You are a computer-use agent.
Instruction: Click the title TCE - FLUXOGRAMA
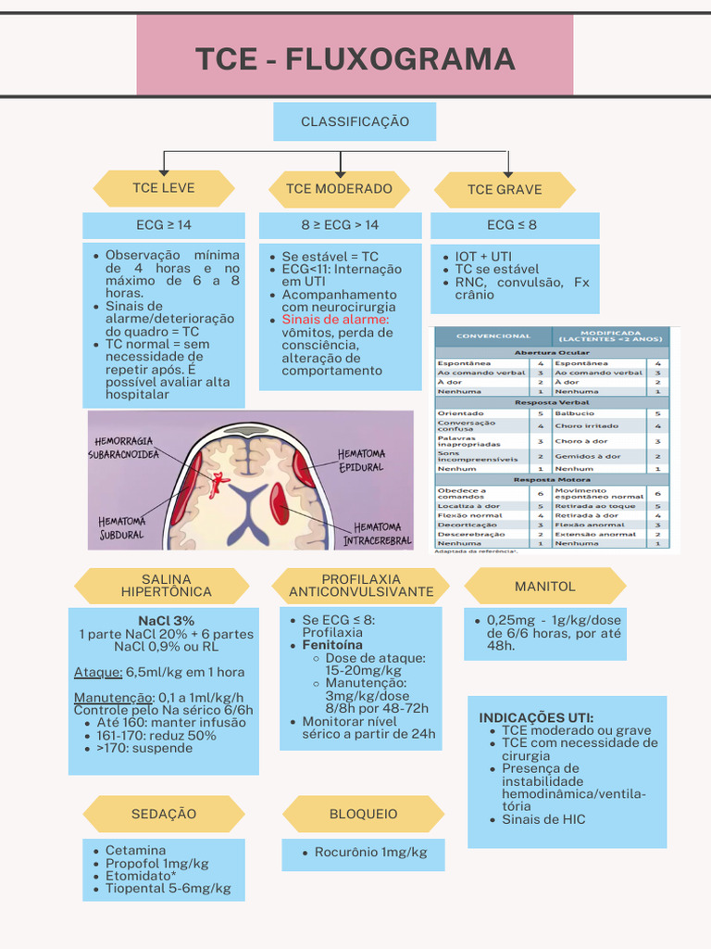coord(355,58)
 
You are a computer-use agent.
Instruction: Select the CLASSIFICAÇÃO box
coord(355,122)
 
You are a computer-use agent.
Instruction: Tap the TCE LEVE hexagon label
coord(164,188)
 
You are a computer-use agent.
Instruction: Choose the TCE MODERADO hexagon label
coord(339,189)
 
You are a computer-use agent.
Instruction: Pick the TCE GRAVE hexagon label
coord(505,190)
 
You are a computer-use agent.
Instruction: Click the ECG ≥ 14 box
coord(164,225)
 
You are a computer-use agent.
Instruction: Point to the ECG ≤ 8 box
coord(512,225)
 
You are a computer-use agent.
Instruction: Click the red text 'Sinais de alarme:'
coord(335,320)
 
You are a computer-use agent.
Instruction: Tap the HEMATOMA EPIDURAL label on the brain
coord(361,461)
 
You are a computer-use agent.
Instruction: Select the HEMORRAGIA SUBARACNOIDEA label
coord(124,448)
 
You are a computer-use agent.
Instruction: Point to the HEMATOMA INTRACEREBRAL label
coord(377,534)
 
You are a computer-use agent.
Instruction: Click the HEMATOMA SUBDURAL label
coord(122,528)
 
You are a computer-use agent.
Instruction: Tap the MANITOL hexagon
coord(544,587)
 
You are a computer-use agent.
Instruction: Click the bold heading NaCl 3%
coord(166,621)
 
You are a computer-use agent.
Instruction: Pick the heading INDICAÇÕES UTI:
coord(536,718)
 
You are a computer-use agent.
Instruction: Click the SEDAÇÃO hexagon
coord(164,815)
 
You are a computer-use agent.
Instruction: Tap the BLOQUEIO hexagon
coord(364,815)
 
